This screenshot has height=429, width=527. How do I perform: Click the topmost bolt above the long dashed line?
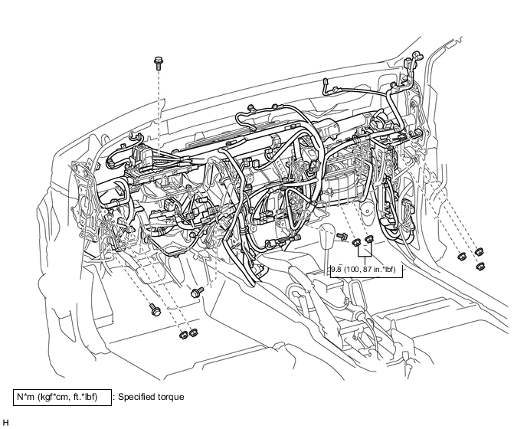[159, 63]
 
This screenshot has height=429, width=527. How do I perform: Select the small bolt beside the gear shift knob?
[342, 236]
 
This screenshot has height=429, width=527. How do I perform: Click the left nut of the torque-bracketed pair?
[357, 242]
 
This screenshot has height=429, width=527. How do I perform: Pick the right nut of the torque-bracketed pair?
[369, 239]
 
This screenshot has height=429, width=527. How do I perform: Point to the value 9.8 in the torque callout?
[336, 270]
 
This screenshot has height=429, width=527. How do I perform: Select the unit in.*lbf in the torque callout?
[383, 270]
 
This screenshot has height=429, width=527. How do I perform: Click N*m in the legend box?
[26, 397]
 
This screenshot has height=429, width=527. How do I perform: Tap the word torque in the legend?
[171, 398]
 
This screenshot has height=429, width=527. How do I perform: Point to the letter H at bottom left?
[5, 423]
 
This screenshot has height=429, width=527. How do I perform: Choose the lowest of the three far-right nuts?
[480, 267]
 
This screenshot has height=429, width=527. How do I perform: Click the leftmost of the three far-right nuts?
[463, 257]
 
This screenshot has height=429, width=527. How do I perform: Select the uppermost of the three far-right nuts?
[480, 251]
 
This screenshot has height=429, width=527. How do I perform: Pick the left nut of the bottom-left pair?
[183, 335]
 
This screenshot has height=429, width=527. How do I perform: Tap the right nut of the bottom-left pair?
[193, 332]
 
